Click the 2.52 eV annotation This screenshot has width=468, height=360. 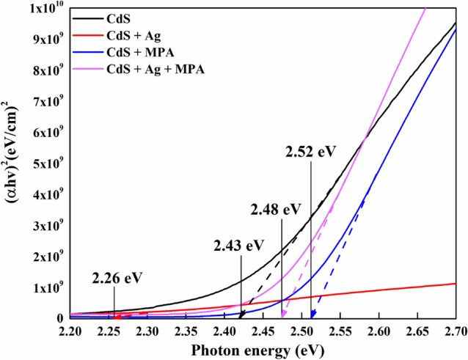pyautogui.click(x=310, y=153)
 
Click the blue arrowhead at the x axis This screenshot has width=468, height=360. pyautogui.click(x=376, y=315)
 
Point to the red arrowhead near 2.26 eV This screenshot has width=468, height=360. pyautogui.click(x=116, y=315)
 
